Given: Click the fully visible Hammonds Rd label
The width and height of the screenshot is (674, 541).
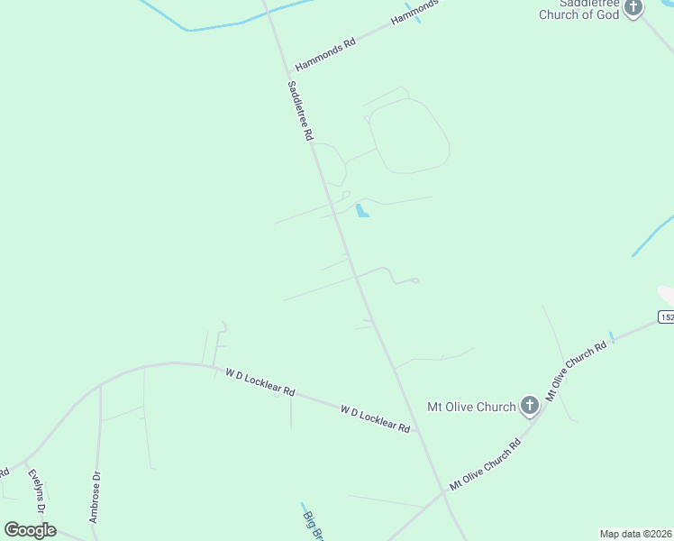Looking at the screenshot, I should click(x=325, y=54).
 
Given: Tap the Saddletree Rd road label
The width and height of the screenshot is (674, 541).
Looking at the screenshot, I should click(x=300, y=111).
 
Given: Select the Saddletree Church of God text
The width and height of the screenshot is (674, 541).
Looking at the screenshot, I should click(x=579, y=9).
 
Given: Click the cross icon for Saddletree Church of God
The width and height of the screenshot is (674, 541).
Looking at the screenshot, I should click(x=633, y=8).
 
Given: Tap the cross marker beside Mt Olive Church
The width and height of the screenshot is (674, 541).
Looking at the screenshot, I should click(x=530, y=407).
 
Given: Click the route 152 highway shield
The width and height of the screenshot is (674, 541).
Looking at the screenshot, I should click(x=666, y=316).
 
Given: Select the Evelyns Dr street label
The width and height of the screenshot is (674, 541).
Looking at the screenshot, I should click(x=36, y=491).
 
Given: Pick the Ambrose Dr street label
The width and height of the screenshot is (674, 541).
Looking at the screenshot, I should click(x=94, y=496).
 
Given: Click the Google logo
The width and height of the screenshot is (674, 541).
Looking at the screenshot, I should click(x=30, y=530).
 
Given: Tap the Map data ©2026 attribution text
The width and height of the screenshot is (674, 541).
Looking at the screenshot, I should click(x=636, y=534).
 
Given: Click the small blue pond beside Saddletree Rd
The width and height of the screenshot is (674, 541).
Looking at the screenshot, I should click(x=361, y=211).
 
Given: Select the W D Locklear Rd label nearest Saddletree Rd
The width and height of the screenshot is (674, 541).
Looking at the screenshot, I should click(x=376, y=419).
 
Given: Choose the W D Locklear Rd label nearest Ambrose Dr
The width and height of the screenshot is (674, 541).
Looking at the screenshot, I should click(x=260, y=382).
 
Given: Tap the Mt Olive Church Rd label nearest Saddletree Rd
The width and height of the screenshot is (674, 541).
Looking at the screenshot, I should click(x=486, y=463).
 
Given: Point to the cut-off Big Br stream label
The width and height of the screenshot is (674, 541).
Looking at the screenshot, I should click(x=312, y=524).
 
